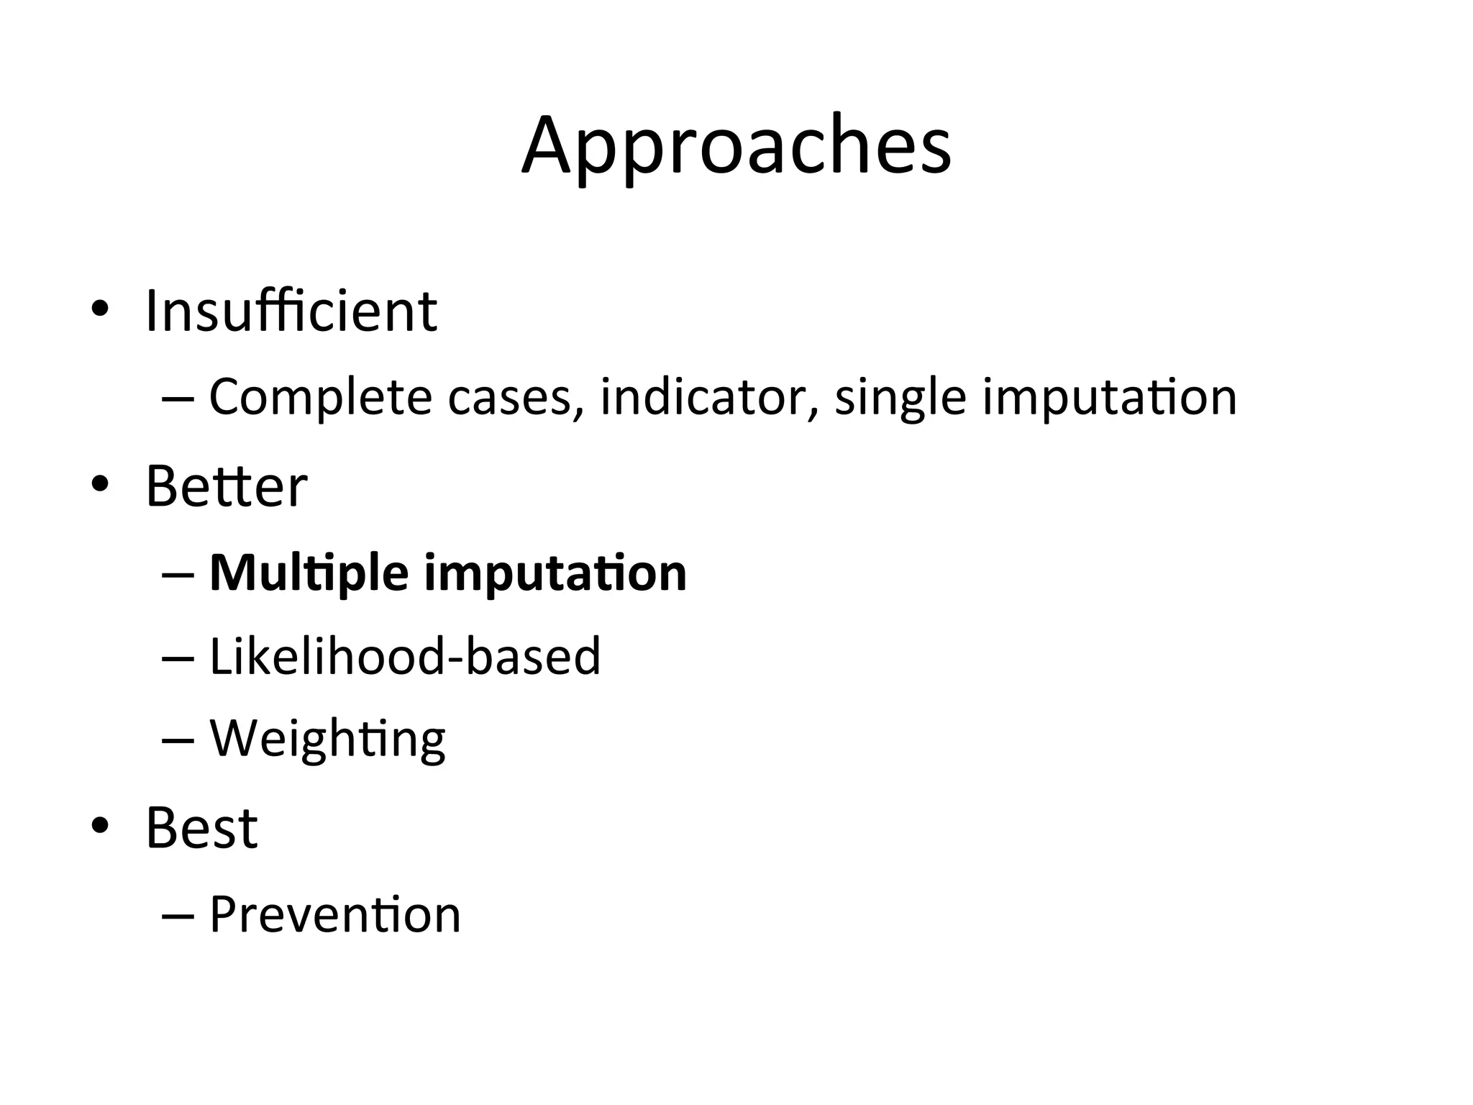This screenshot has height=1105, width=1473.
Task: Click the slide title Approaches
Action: coord(736,147)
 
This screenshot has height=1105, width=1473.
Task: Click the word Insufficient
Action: coord(291,312)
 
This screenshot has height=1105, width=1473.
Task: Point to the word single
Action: coord(899,399)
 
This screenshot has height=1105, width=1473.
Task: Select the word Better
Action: coord(227,487)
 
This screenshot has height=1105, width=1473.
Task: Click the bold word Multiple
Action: coord(309,574)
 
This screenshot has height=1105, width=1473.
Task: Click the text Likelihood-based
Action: coord(404,656)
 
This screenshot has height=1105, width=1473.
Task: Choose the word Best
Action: coord(201,827)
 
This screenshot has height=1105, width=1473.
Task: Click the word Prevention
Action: coord(334,915)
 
